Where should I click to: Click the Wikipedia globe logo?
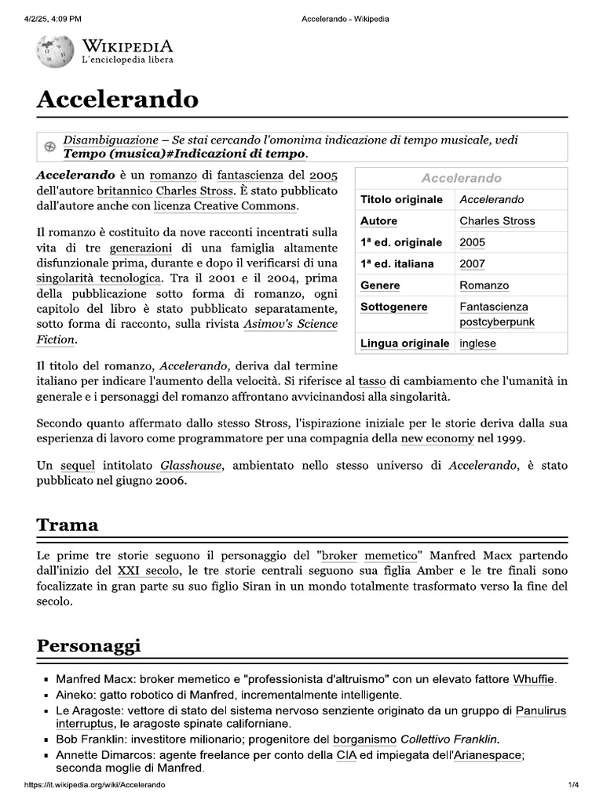point(55,51)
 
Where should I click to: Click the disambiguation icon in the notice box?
point(49,147)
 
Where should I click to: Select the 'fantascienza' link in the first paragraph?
point(251,176)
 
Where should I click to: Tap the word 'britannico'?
point(123,191)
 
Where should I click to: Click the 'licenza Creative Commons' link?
point(225,205)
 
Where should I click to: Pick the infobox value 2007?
point(472,264)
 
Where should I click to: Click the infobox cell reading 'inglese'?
point(477,343)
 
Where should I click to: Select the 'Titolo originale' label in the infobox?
point(401,199)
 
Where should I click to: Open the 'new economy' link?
point(437,438)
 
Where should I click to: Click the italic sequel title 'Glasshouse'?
point(191,466)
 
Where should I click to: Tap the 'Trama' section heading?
point(68,525)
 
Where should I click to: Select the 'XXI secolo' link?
point(148,571)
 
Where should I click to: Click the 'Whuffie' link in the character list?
point(534,679)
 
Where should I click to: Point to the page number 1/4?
point(573,785)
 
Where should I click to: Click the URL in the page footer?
point(94,785)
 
